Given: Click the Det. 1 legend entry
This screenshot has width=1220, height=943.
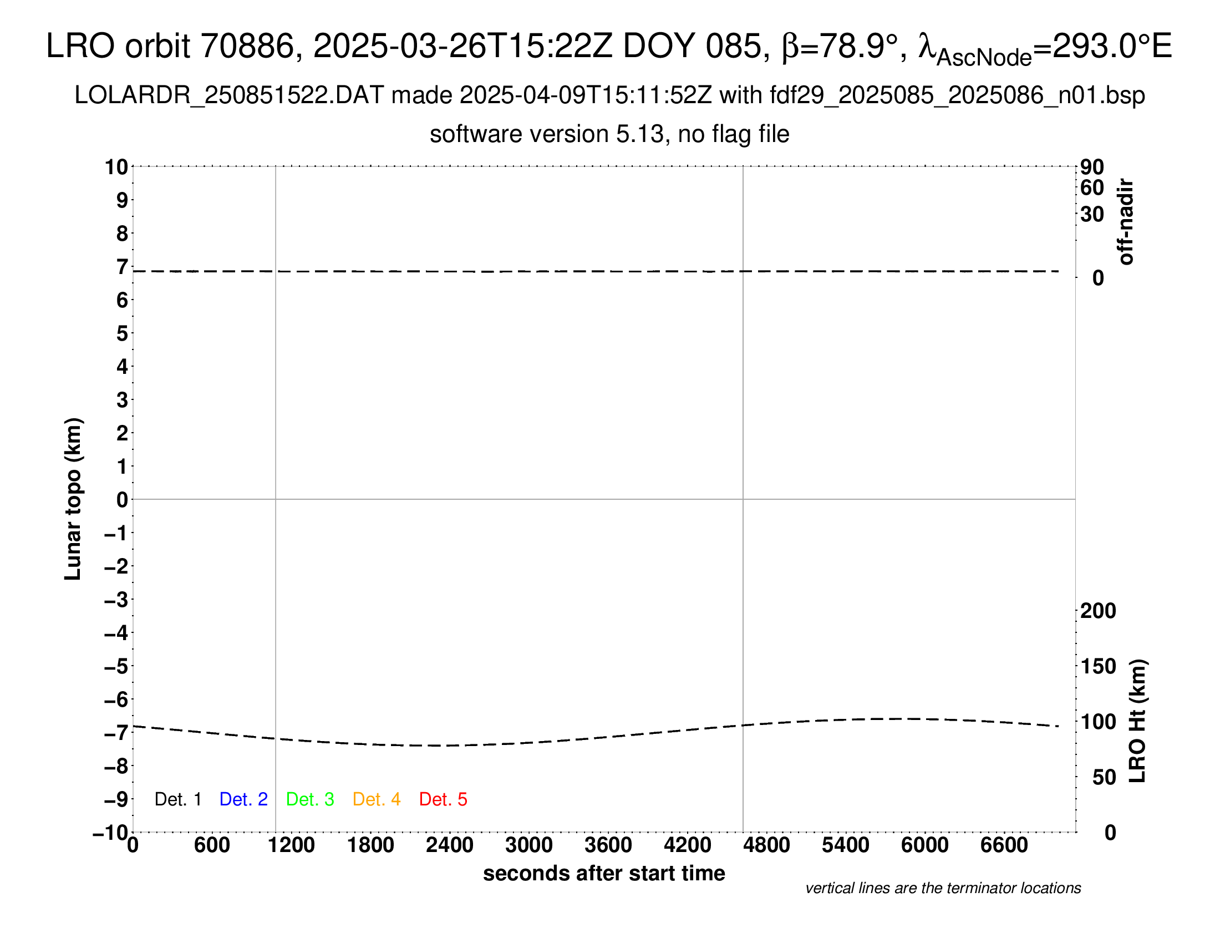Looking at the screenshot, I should coord(177,799).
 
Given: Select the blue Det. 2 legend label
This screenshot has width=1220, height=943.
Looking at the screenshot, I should coord(243,799).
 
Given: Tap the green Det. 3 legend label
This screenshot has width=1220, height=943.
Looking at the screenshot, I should coord(310,799).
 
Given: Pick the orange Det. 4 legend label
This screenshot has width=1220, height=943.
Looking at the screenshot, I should coord(377,799).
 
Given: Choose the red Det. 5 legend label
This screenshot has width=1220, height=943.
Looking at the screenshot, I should coord(443,799).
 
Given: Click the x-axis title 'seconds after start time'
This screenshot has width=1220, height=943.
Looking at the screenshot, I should coord(604,874).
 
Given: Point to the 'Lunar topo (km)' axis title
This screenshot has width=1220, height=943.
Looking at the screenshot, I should coord(73,499).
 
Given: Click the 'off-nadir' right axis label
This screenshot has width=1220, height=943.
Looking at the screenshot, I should coord(1126,222).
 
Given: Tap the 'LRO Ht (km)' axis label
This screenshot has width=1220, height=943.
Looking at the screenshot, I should coord(1137,721).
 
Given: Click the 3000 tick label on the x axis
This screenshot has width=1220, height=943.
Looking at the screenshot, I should coord(529,845).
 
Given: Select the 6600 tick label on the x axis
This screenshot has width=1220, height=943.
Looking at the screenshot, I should coord(1004,845).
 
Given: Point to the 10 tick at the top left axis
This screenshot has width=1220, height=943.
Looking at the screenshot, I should coord(117,167).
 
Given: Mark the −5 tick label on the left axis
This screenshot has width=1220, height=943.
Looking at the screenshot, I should coord(116,666).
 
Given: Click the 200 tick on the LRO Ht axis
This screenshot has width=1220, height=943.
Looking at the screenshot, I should coord(1097,611).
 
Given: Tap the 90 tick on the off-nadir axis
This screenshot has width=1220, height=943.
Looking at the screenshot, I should coord(1092,167).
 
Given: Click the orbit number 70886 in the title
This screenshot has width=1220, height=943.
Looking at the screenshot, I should coord(247,46).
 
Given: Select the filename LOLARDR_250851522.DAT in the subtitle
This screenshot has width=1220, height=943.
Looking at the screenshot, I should coord(229,95).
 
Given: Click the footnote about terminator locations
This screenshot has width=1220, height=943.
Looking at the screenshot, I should coord(943,888).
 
